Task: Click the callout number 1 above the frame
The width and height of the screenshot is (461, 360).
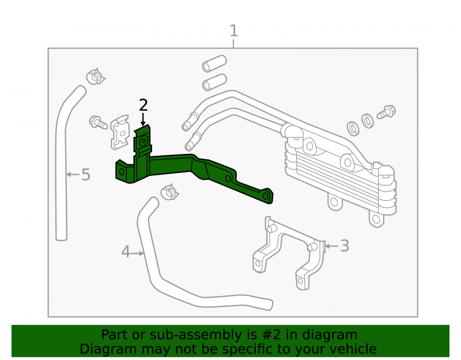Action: coord(234,31)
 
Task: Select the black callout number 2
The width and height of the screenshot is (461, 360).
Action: coord(143,105)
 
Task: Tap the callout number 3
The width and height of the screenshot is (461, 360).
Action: coord(344,246)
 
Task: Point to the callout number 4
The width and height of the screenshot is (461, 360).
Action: coord(125,252)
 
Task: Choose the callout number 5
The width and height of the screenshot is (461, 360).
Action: coord(86,175)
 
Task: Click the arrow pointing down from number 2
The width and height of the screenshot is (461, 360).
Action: coord(143,119)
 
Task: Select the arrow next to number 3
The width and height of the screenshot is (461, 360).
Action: coord(331,246)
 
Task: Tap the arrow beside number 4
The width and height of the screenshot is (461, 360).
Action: coord(137,253)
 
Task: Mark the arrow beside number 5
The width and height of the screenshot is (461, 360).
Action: coord(73,175)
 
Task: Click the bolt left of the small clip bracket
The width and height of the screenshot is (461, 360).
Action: coord(98,122)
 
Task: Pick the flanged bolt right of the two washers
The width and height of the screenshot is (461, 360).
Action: coord(386,112)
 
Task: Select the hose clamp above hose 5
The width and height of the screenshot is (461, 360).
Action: coord(95,77)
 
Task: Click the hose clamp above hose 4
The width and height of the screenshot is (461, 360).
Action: coord(170,192)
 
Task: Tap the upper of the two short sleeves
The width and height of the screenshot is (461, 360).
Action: coord(214,64)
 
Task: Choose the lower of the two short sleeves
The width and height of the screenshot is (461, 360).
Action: coord(214,83)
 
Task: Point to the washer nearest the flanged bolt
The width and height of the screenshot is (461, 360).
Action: coord(367,120)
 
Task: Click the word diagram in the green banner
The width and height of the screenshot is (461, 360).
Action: coord(330,335)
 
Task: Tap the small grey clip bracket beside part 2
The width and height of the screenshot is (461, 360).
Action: coord(120,132)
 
